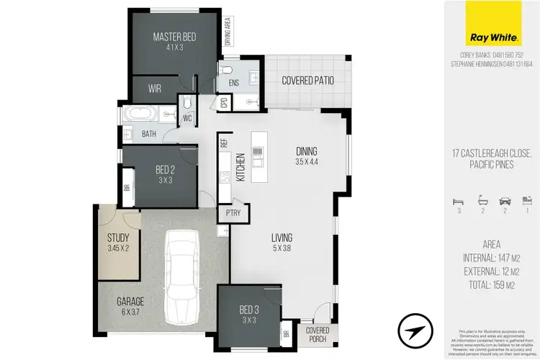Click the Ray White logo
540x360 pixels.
click(x=492, y=24)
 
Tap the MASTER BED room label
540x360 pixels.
click(x=174, y=37)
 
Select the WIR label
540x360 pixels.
click(x=154, y=89)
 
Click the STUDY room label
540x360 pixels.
click(x=117, y=238)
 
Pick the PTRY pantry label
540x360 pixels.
click(x=233, y=212)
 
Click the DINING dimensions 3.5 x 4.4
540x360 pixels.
click(x=306, y=163)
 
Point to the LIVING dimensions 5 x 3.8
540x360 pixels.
click(x=280, y=250)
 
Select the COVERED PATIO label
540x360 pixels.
click(x=307, y=80)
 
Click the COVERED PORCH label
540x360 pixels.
click(x=317, y=333)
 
